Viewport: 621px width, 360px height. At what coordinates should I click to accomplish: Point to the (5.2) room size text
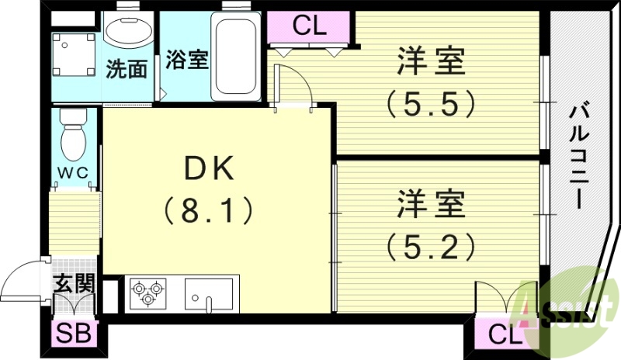(x=432, y=246)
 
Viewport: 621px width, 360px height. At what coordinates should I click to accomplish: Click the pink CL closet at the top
(x=309, y=26)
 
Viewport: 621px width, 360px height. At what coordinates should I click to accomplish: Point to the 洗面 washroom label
(x=126, y=68)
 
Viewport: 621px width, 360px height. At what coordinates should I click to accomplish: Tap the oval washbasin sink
(x=130, y=31)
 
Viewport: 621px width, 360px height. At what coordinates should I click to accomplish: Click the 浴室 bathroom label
(x=186, y=60)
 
